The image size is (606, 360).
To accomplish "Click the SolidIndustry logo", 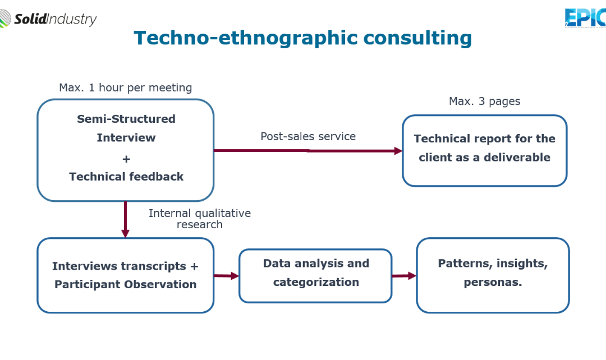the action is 48,19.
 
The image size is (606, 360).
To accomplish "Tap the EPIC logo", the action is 585,18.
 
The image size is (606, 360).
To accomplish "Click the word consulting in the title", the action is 417,39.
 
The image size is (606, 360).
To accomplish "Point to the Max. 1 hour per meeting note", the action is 125,87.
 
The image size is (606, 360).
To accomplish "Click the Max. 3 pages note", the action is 484,101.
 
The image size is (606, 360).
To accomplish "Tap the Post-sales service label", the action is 308,136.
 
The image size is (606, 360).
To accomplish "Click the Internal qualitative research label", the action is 200,219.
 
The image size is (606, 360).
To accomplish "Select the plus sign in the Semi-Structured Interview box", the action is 126,159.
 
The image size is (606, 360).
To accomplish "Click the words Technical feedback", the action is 126,177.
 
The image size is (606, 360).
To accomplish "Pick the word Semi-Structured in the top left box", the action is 126,118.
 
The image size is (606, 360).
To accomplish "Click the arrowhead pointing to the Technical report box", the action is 398,151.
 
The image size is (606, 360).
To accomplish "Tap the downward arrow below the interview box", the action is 125,219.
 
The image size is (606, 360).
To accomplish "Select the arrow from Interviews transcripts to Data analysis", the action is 227,276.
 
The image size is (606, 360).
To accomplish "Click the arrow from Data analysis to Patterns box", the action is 404,276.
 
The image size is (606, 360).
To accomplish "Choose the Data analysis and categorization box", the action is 315,276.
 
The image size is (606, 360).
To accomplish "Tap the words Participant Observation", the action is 125,284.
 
